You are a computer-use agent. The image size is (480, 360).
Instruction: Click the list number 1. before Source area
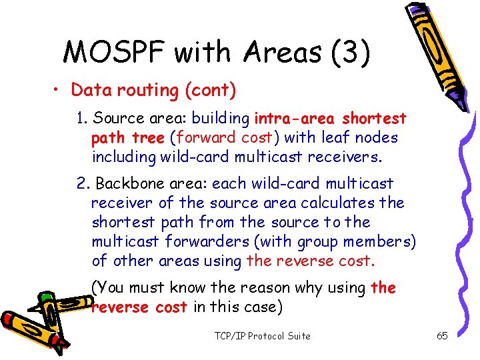(83, 119)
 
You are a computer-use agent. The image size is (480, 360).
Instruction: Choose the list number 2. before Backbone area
(83, 183)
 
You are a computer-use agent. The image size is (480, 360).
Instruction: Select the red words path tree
(127, 138)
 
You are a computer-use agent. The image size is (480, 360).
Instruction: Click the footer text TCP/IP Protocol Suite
(263, 335)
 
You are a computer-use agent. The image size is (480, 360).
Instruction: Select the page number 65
(442, 335)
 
